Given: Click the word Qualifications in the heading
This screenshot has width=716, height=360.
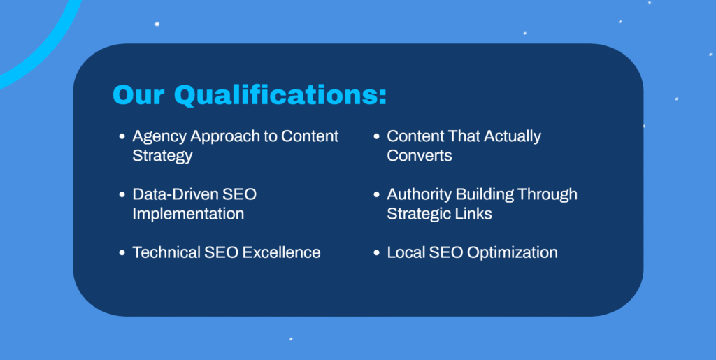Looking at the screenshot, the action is [x=280, y=95].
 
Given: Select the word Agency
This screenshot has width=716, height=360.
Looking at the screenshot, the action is [x=159, y=137].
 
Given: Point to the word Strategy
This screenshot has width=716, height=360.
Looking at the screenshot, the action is [x=162, y=157].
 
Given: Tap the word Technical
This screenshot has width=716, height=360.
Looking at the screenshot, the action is [x=166, y=252].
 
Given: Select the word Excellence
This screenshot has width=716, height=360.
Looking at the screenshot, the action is [x=281, y=252].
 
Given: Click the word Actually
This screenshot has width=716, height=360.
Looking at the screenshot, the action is [x=513, y=137].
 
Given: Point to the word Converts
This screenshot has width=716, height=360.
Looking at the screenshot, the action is [x=420, y=156].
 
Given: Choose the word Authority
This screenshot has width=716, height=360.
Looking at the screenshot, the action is [x=420, y=195].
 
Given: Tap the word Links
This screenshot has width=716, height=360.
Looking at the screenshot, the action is [x=475, y=213].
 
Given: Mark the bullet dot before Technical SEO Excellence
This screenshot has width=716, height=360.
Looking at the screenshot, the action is [x=122, y=252].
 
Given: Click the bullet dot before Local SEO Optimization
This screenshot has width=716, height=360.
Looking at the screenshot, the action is [x=376, y=252].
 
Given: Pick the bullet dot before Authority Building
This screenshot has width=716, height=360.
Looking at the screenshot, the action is [x=376, y=194].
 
